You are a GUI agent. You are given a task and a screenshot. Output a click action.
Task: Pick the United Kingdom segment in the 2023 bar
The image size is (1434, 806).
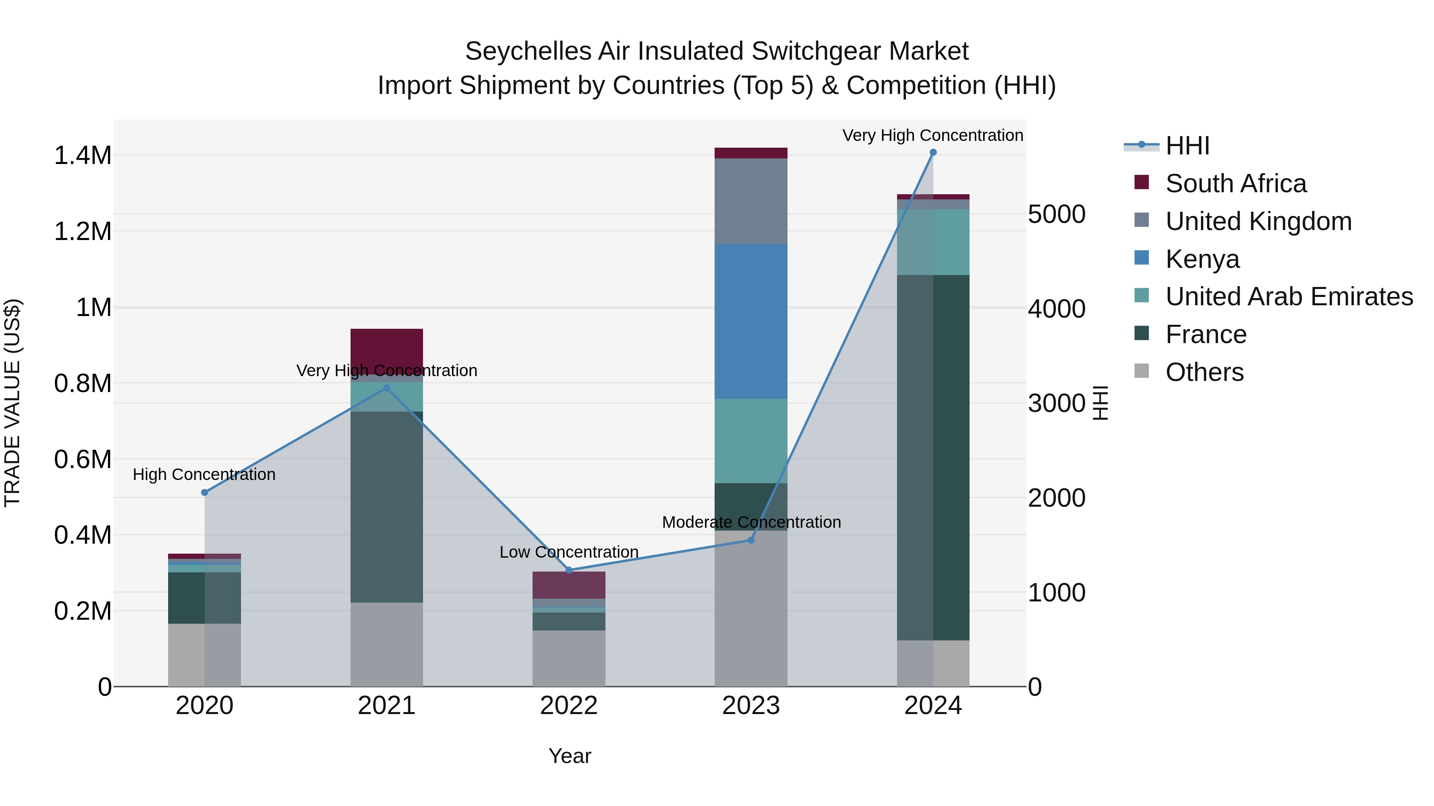tap(750, 201)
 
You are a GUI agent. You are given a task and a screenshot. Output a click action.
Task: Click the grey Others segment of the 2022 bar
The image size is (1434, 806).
tap(568, 658)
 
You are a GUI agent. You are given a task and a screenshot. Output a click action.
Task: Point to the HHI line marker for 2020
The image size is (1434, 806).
tap(204, 492)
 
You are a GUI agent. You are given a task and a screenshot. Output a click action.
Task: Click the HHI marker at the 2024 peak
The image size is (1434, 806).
tap(933, 152)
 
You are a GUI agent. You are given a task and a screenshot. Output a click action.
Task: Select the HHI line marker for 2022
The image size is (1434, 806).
tap(568, 570)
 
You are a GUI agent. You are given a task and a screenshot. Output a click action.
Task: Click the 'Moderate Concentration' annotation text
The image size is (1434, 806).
tap(751, 522)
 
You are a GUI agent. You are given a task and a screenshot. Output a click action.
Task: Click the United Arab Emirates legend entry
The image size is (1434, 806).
tap(1288, 297)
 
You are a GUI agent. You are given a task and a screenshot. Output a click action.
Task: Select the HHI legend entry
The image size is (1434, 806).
tap(1187, 146)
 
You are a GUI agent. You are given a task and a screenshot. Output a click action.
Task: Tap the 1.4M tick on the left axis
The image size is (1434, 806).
tap(82, 155)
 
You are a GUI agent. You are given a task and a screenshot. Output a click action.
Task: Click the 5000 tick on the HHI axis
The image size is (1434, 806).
tap(1056, 214)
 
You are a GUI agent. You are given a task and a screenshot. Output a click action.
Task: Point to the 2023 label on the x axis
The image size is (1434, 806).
tap(750, 705)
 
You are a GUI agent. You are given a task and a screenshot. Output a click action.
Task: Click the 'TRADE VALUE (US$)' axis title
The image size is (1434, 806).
tap(12, 403)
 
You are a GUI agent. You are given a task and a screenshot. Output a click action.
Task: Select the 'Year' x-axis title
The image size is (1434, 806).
tap(570, 755)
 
